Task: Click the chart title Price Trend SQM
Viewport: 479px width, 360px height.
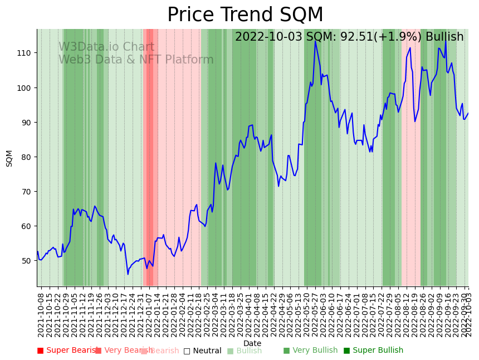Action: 245,15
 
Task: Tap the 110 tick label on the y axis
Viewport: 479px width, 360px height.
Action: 26,53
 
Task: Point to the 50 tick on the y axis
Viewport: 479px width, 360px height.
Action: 26,261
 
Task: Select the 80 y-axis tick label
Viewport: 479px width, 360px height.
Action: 26,157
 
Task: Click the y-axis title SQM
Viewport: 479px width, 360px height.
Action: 9,158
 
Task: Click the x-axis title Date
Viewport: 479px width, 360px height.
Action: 252,344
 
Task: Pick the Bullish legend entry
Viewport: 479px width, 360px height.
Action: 248,351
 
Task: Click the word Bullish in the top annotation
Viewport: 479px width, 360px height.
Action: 444,37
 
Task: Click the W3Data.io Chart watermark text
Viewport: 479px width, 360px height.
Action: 106,47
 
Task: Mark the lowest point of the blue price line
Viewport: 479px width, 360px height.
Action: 128,274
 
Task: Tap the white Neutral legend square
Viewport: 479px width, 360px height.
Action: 187,351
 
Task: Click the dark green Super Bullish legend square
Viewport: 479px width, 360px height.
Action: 346,351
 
